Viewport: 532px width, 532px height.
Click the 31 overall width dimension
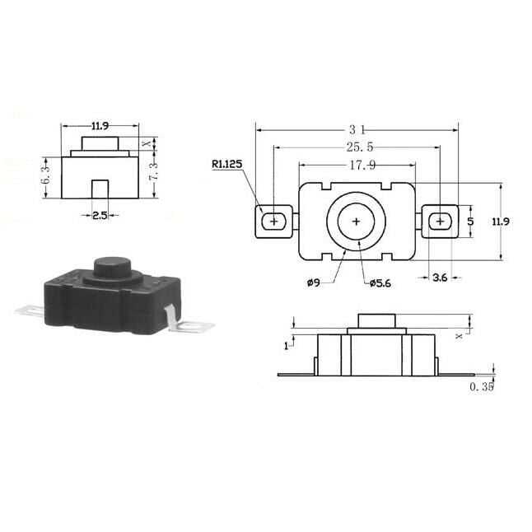point(357,129)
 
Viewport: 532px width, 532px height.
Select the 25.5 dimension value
point(360,147)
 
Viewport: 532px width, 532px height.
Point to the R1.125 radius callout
point(227,164)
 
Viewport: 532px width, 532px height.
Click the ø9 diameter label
point(314,282)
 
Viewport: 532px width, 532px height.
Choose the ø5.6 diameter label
point(380,283)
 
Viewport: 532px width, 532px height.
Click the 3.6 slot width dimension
point(440,278)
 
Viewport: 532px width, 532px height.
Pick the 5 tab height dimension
point(470,222)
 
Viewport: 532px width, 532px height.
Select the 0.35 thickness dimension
point(482,387)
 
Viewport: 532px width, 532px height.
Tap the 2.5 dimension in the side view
point(100,215)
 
